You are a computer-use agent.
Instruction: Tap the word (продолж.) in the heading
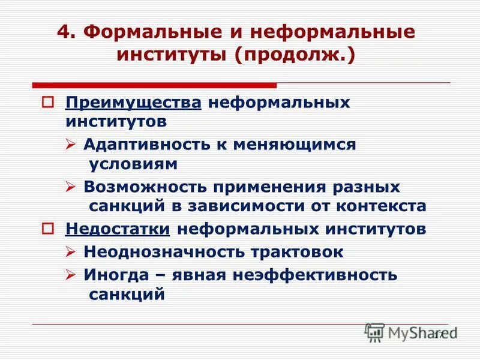tap(295, 58)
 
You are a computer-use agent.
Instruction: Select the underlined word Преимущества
tap(134, 102)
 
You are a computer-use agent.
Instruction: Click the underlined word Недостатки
tap(118, 229)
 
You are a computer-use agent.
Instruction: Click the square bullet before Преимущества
tap(49, 102)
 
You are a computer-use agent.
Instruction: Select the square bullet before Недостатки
tap(49, 229)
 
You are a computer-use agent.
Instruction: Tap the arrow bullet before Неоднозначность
tap(70, 252)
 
